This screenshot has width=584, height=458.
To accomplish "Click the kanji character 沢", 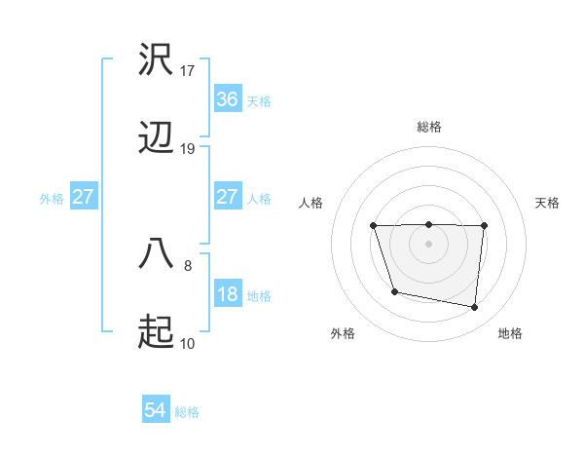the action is pyautogui.click(x=156, y=60).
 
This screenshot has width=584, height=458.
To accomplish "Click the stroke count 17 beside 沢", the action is pyautogui.click(x=188, y=70).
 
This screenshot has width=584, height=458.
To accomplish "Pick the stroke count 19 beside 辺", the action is pyautogui.click(x=188, y=149).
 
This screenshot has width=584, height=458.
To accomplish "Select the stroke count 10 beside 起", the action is pyautogui.click(x=188, y=343).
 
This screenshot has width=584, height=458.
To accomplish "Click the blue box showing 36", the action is pyautogui.click(x=227, y=98).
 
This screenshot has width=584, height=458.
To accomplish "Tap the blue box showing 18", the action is pyautogui.click(x=227, y=294).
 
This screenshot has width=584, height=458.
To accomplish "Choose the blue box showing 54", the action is pyautogui.click(x=156, y=410).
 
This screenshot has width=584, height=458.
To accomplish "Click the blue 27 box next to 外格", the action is pyautogui.click(x=84, y=197).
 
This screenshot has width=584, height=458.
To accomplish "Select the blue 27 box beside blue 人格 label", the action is pyautogui.click(x=227, y=197).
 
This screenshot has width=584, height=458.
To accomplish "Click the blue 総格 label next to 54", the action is pyautogui.click(x=187, y=411).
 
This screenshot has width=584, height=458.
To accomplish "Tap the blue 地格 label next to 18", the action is pyautogui.click(x=259, y=295).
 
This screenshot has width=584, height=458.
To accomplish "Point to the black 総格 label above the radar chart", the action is pyautogui.click(x=428, y=127).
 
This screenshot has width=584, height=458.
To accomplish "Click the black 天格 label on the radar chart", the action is pyautogui.click(x=547, y=203).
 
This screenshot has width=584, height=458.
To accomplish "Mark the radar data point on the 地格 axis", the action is pyautogui.click(x=475, y=308).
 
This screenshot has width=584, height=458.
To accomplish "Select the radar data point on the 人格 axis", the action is pyautogui.click(x=374, y=226).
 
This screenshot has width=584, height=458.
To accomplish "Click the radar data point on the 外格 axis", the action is pyautogui.click(x=393, y=291).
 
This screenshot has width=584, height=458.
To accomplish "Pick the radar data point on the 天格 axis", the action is pyautogui.click(x=484, y=226).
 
